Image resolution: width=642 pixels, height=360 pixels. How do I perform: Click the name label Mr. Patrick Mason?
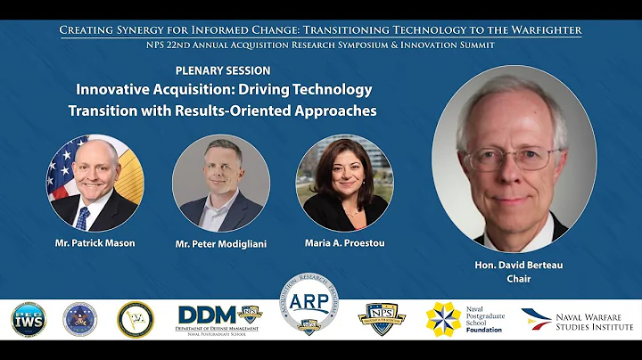click(95, 243)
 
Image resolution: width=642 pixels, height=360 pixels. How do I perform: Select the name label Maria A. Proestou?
click(344, 243)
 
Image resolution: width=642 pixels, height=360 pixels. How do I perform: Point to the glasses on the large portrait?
click(512, 159)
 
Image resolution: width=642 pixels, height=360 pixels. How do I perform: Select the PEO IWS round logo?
click(29, 320)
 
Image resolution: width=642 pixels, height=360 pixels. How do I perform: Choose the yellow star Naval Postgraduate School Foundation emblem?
click(443, 319)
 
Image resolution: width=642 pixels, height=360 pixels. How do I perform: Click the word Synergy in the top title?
click(147, 29)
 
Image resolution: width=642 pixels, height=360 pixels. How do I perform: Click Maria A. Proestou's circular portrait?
click(344, 184)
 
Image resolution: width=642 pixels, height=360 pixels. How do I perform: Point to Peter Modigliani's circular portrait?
click(220, 184)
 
